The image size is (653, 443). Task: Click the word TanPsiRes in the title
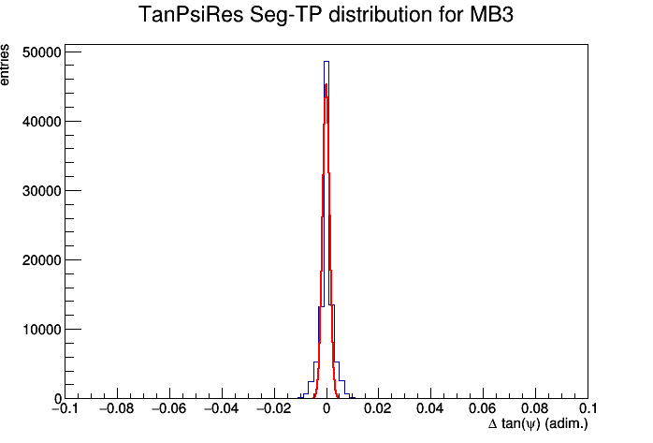191,15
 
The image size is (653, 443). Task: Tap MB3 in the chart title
491,15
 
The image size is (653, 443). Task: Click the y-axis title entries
5,65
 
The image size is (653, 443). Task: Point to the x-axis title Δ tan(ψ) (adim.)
538,424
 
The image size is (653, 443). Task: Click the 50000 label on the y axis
41,52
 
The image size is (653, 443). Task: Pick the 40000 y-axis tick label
41,122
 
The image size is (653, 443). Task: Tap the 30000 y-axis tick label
41,191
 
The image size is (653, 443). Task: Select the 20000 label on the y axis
41,260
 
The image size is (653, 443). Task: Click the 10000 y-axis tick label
41,330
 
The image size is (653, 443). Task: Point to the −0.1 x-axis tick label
65,408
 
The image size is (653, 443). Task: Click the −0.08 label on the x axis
117,408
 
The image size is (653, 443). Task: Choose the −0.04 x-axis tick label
222,408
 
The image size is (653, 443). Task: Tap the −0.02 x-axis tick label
274,408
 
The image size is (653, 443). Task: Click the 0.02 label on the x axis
378,408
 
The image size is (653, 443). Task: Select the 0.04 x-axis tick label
430,408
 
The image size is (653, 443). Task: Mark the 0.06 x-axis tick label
483,408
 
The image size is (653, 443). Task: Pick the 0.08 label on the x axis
535,408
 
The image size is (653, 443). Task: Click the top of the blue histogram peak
326,62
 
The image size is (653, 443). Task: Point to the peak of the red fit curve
326,84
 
